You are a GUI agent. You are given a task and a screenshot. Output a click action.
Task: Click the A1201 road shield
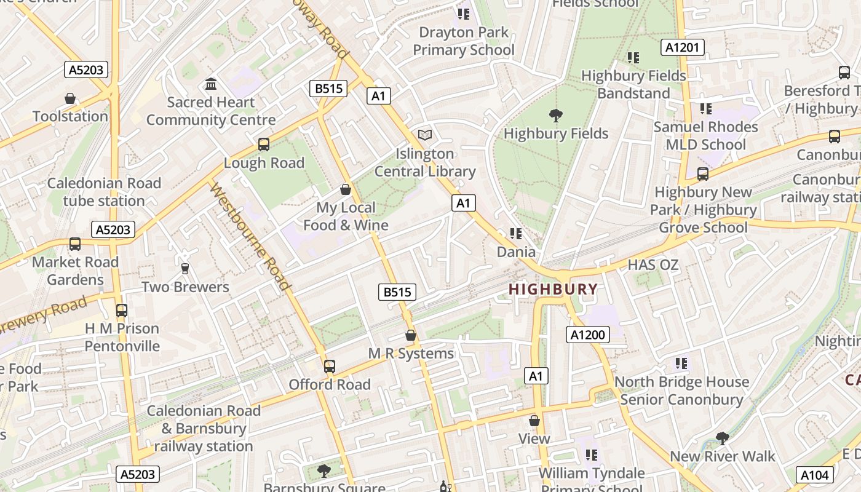click(x=683, y=47)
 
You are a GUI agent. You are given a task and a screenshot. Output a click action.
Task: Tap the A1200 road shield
click(x=587, y=335)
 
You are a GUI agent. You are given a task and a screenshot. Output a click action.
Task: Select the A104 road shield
click(x=815, y=474)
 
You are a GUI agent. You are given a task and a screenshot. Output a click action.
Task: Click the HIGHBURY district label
click(x=553, y=289)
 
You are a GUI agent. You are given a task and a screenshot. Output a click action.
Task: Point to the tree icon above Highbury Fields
click(x=556, y=115)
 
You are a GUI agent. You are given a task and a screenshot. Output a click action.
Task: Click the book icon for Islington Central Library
click(x=425, y=135)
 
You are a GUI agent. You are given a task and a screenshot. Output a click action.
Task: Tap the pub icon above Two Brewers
click(x=184, y=269)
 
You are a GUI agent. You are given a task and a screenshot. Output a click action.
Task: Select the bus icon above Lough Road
click(x=264, y=145)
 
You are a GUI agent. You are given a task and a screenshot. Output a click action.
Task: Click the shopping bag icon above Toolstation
click(x=70, y=98)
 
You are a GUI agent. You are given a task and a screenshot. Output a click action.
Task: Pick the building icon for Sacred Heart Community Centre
click(x=211, y=84)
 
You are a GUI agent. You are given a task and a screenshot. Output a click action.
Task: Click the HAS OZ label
click(x=653, y=265)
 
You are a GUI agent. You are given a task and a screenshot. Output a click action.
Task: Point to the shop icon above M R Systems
click(x=411, y=336)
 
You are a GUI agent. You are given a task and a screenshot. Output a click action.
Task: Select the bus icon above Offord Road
click(x=330, y=367)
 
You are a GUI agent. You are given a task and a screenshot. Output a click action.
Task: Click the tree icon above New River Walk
click(x=723, y=438)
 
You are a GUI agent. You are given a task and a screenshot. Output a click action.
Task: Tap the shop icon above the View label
click(x=534, y=421)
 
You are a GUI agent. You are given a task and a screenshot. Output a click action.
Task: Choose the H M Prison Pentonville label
click(x=122, y=337)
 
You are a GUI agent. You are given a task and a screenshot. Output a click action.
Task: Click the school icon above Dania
click(x=516, y=234)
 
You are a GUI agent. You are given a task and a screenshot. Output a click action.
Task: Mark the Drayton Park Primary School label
click(x=463, y=41)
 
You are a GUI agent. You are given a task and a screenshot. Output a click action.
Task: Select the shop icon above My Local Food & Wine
click(x=346, y=189)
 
